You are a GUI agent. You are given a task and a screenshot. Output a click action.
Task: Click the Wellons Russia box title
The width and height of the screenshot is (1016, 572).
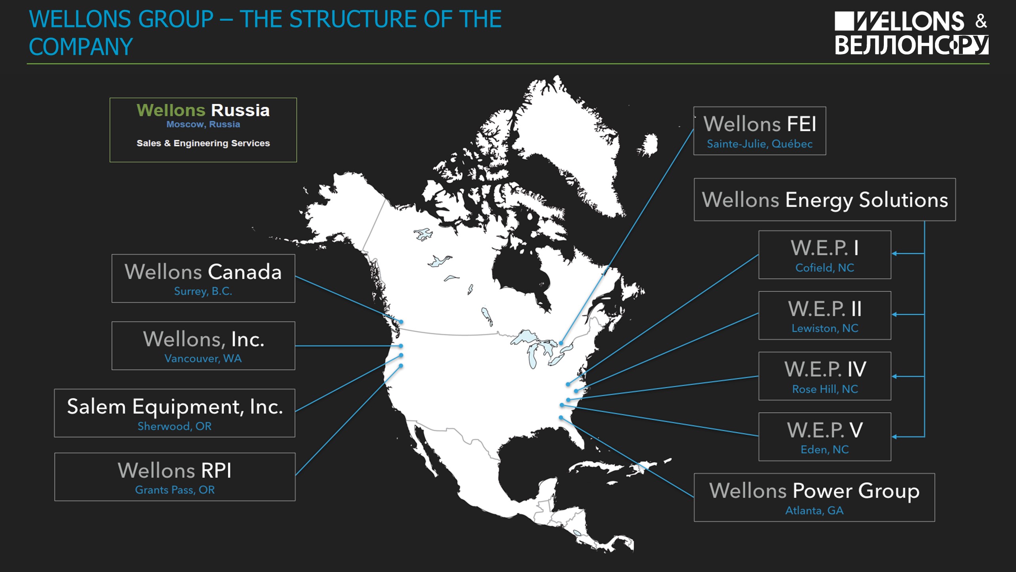(x=203, y=110)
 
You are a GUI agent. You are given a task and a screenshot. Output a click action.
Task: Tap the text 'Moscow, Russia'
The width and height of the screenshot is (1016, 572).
(x=203, y=124)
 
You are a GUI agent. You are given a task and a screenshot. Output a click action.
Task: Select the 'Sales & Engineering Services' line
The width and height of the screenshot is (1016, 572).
(x=203, y=143)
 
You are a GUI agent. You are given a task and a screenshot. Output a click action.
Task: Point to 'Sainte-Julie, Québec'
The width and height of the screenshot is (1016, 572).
(x=760, y=144)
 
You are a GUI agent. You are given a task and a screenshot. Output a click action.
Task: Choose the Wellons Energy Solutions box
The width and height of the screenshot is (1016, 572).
(x=825, y=199)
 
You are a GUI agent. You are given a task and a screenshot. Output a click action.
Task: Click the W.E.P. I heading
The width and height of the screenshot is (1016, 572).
(x=825, y=248)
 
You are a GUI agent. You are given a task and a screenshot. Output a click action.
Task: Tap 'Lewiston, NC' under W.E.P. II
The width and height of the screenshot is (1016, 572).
(x=825, y=328)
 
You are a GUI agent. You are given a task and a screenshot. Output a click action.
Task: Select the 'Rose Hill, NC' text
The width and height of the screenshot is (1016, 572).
(x=825, y=389)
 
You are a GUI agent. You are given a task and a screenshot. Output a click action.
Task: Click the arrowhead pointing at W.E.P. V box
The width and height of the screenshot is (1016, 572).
(x=895, y=437)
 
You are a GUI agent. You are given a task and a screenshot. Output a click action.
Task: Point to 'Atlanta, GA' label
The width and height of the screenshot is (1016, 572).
(x=814, y=510)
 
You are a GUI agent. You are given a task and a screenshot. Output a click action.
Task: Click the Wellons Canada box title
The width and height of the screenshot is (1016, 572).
(x=203, y=272)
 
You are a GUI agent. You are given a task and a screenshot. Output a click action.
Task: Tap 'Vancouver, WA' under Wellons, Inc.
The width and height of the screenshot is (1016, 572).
(x=203, y=358)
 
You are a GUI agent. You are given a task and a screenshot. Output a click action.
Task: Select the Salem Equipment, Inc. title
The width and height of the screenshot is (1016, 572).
(x=175, y=407)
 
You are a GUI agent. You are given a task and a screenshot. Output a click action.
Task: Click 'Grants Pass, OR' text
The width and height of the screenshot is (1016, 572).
(x=175, y=490)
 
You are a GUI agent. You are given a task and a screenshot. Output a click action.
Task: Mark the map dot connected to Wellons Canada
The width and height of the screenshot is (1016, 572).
(x=401, y=322)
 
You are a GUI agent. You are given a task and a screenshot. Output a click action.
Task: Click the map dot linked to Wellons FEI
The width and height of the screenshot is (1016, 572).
(x=561, y=343)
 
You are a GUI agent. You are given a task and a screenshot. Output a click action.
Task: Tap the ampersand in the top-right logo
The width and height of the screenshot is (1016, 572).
(x=981, y=21)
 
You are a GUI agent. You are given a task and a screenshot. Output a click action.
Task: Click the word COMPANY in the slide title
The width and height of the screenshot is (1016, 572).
(x=81, y=47)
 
